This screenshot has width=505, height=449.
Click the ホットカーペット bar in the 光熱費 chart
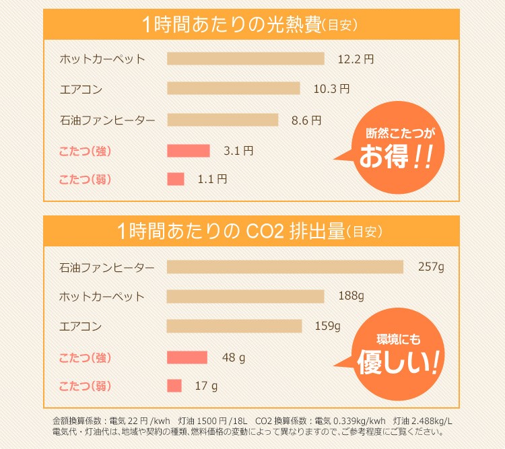pos(245,59)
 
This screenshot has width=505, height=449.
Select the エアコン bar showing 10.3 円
pos(233,88)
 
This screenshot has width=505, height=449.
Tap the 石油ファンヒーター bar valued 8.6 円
pos(222,120)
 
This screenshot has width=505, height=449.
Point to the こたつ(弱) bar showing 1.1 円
pos(175,179)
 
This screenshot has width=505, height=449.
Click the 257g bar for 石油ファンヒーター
pos(285,267)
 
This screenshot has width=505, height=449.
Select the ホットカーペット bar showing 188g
pos(245,296)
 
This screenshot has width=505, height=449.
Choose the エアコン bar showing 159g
pos(234,326)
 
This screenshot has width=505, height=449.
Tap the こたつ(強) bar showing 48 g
pos(187,357)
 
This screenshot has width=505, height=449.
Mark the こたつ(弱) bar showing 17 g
pos(174,386)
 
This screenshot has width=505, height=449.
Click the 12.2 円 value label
pos(355,59)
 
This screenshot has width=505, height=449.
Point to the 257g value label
pos(431,267)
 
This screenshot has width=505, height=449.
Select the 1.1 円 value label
pos(212,179)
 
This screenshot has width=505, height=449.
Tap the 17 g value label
pos(206,386)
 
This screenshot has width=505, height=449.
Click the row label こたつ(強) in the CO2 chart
pos(85,357)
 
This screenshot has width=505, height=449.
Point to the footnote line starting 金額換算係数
pos(252,421)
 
